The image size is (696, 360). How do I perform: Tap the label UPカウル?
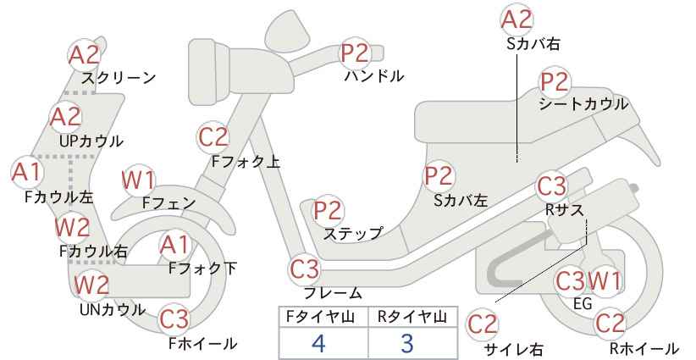91,141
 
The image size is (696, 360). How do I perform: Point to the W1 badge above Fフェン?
139,180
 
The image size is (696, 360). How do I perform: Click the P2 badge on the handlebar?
355,53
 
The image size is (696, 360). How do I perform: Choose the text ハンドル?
374,76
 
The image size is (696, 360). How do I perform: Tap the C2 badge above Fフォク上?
213,137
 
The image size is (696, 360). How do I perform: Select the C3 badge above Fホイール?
174,318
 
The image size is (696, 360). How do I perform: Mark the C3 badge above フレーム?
305,269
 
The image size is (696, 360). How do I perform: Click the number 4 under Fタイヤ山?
318,343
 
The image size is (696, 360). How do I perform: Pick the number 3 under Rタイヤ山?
406,343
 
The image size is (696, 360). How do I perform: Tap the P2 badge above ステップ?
328,210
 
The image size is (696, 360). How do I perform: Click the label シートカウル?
583,104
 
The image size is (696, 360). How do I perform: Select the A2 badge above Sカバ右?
516,20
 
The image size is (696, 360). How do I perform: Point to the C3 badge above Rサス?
551,186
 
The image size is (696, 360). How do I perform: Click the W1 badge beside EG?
605,280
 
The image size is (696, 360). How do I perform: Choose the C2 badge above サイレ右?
483,324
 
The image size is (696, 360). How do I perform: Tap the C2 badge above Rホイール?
610,324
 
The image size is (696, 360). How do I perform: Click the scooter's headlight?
209,71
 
